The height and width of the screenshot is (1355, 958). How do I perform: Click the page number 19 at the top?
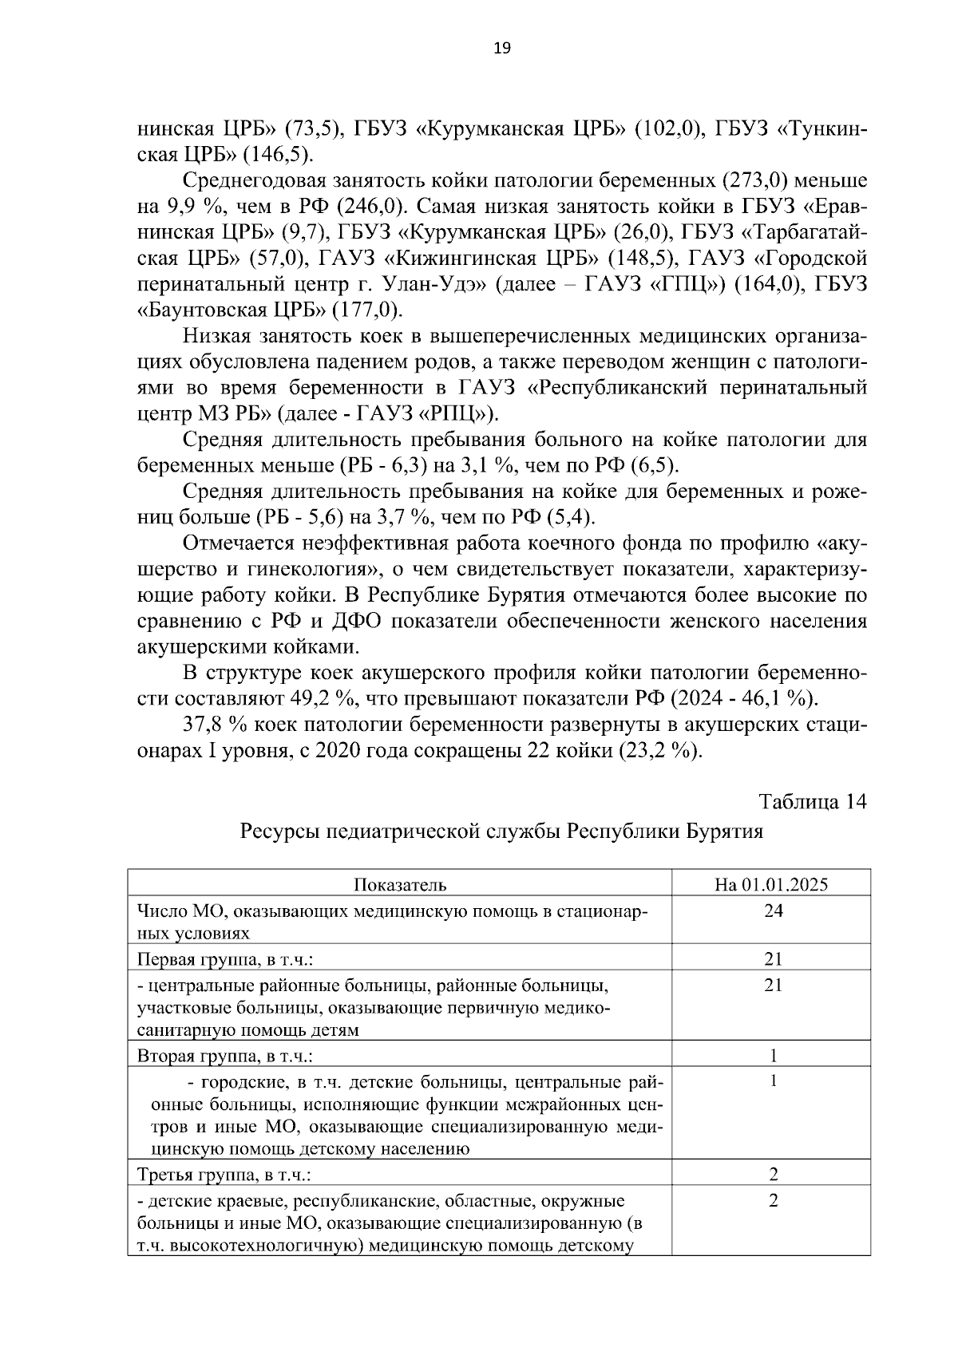pyautogui.click(x=502, y=49)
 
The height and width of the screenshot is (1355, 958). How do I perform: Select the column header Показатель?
pyautogui.click(x=399, y=884)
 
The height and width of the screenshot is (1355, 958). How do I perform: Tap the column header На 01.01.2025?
pyautogui.click(x=771, y=884)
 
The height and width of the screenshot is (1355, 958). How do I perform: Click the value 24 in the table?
pyautogui.click(x=772, y=911)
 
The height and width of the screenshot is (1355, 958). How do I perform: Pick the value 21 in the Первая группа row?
pyautogui.click(x=772, y=958)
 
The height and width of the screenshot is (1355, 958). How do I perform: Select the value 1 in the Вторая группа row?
pyautogui.click(x=773, y=1056)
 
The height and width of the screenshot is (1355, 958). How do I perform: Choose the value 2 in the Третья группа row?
pyautogui.click(x=773, y=1174)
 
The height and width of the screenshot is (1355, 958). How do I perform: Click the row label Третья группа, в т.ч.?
pyautogui.click(x=224, y=1175)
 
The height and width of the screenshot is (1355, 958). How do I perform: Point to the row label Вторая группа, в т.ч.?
pyautogui.click(x=225, y=1057)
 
